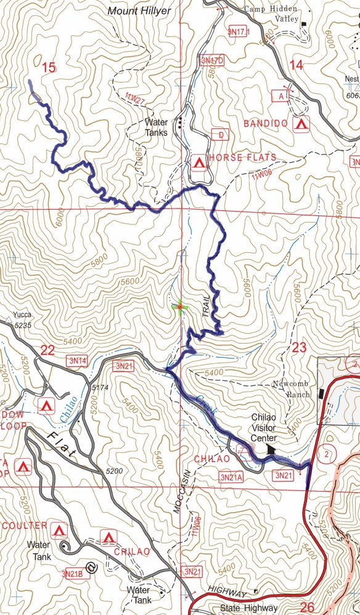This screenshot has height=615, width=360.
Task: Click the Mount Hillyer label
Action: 139,10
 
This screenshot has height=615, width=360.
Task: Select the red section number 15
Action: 49,68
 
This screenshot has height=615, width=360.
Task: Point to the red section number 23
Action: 299,348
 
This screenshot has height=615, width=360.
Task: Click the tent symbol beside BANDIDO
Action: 301,124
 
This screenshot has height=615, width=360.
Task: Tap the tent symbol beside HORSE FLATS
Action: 198,163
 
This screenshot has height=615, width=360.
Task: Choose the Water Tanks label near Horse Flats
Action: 157,127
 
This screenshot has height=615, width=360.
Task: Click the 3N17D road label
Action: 212,61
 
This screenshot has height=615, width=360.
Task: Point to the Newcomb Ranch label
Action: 294,388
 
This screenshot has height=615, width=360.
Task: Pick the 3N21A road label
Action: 231,477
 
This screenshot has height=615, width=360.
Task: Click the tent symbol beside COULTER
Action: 60,530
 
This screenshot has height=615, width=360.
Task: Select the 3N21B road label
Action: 73,574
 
